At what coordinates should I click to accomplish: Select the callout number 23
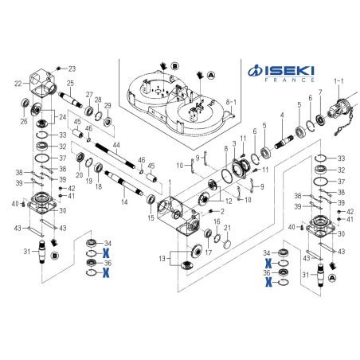pyautogui.click(x=71, y=68)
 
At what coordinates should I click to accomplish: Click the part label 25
pyautogui.click(x=71, y=84)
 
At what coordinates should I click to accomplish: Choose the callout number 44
pyautogui.click(x=116, y=146)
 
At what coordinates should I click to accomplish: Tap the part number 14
pyautogui.click(x=124, y=202)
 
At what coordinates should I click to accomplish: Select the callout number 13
pyautogui.click(x=164, y=259)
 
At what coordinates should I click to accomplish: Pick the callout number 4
pyautogui.click(x=281, y=116)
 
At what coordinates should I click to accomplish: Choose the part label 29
pyautogui.click(x=108, y=106)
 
